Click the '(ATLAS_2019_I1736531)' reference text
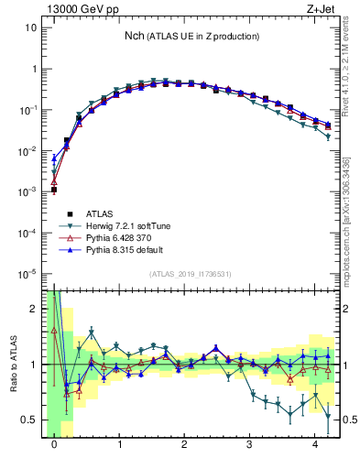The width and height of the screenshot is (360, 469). coord(191,274)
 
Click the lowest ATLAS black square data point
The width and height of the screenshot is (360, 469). coord(55,190)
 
